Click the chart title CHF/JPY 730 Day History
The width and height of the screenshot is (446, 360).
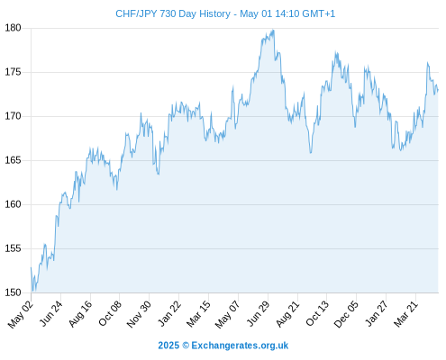point(173,13)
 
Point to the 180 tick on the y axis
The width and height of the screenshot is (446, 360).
point(13,28)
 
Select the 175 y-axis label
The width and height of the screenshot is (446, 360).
point(13,72)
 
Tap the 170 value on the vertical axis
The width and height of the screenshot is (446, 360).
point(13,116)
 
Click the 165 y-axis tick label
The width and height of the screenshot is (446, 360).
point(13,160)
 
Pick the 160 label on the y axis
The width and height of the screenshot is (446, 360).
point(13,204)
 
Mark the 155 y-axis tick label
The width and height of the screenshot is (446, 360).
point(13,248)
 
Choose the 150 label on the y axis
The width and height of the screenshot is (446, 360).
point(13,292)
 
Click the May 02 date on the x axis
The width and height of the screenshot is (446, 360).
point(20,314)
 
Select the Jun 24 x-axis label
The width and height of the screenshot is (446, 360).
point(51,313)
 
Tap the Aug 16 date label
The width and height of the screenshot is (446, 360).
point(80,314)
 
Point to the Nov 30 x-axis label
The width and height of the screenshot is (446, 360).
point(139,314)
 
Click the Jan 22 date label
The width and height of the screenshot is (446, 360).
point(169,313)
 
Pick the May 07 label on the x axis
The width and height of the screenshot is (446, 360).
point(227,314)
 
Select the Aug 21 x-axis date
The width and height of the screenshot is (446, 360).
point(287,314)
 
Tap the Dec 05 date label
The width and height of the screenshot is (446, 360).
point(346,314)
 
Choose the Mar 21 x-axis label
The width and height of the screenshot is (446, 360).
point(405,314)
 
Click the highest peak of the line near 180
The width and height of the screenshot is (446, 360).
point(273,30)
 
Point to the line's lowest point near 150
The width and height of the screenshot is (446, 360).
point(32,292)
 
